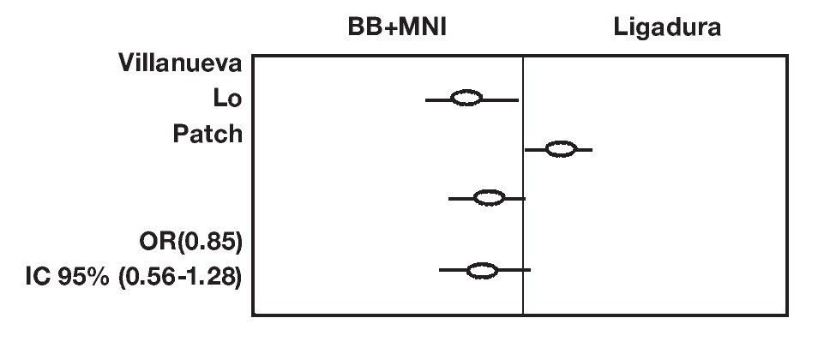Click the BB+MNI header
tap(392, 27)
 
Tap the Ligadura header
tap(667, 27)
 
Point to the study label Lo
tap(227, 98)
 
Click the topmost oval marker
tap(466, 99)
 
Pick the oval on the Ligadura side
tap(561, 149)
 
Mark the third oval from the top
tap(490, 198)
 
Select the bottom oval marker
tap(482, 271)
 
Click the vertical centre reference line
tap(523, 214)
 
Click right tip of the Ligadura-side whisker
tap(592, 150)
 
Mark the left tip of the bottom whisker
tap(440, 271)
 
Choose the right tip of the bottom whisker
tap(531, 271)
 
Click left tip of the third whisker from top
tap(449, 199)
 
